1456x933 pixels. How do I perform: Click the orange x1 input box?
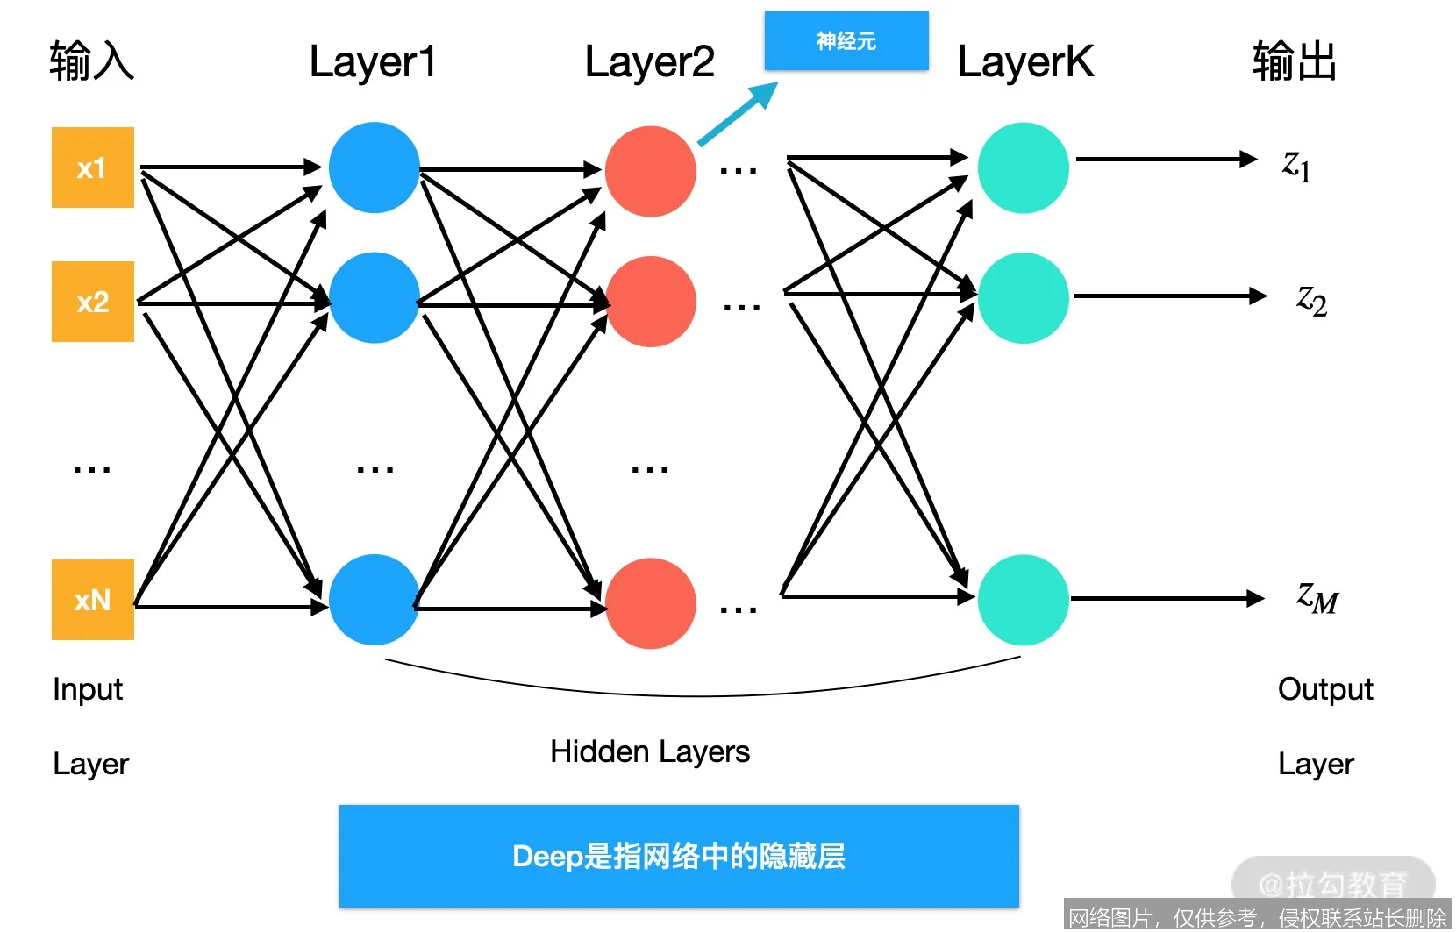pos(92,167)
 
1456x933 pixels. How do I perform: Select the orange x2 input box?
pos(92,302)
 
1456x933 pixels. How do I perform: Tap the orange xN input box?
pos(92,600)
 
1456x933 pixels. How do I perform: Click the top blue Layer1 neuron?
pos(374,167)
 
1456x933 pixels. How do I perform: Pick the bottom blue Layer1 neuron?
pos(374,600)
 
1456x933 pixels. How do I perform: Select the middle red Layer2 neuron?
pos(650,302)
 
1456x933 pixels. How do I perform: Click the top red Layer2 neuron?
pos(650,172)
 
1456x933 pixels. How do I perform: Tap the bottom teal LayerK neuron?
pos(1023,600)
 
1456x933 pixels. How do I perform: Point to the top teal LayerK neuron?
pos(1023,167)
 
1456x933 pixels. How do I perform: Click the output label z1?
pos(1296,165)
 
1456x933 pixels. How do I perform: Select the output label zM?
pos(1317,598)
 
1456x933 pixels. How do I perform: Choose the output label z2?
pos(1311,300)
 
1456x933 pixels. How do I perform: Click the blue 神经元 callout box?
pos(846,40)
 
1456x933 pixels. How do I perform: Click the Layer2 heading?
pos(649,62)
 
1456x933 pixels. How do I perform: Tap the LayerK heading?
pos(1024,62)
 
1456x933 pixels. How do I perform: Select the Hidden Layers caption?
pos(649,751)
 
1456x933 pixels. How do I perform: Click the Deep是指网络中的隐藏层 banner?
pos(678,856)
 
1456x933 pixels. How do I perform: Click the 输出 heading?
pos(1294,62)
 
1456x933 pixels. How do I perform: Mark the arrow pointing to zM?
pos(1167,599)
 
